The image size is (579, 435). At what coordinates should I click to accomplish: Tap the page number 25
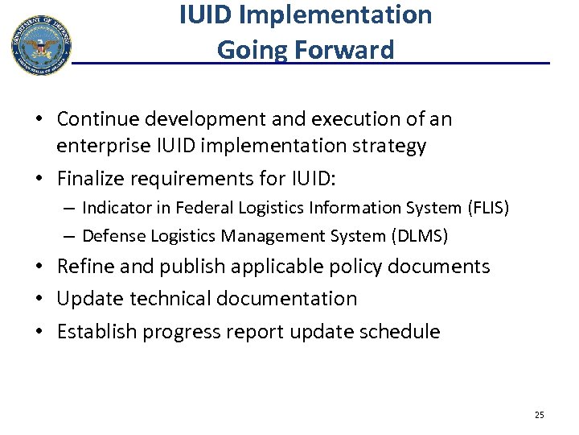(539, 415)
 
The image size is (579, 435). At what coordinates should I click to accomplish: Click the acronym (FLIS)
(488, 209)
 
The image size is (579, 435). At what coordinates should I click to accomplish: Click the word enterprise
(101, 146)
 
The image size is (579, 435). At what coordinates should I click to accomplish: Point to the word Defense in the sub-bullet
(112, 235)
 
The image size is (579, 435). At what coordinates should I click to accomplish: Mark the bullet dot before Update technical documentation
(39, 299)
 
